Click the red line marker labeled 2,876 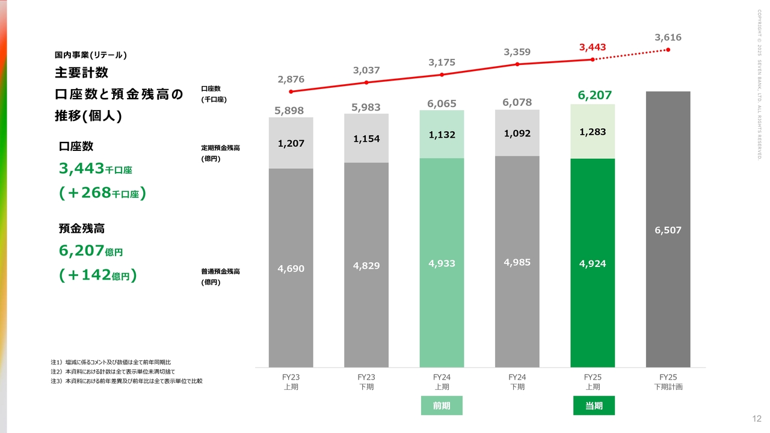[291, 91]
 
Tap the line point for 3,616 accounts [668, 49]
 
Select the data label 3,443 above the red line [593, 47]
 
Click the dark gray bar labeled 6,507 [668, 229]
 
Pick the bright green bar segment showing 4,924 [593, 263]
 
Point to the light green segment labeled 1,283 [593, 132]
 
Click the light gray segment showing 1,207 [291, 143]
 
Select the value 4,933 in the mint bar [442, 263]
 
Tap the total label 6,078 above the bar [517, 102]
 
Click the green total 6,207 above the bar [594, 95]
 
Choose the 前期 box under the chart [442, 406]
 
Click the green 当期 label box [594, 406]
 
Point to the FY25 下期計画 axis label [668, 382]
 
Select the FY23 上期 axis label [291, 382]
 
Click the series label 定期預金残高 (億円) [220, 153]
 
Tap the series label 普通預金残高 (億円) [220, 277]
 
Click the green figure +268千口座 [103, 193]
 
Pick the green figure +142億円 [98, 275]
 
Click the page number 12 [757, 419]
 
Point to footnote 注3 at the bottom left [126, 381]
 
